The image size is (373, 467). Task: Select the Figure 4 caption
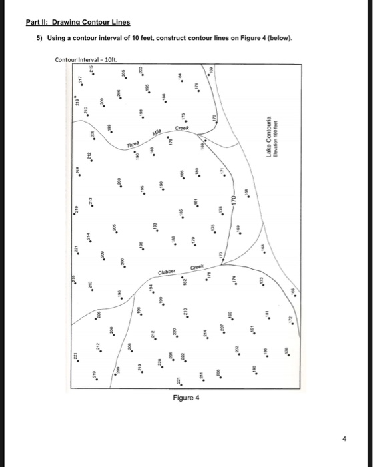point(186,398)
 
